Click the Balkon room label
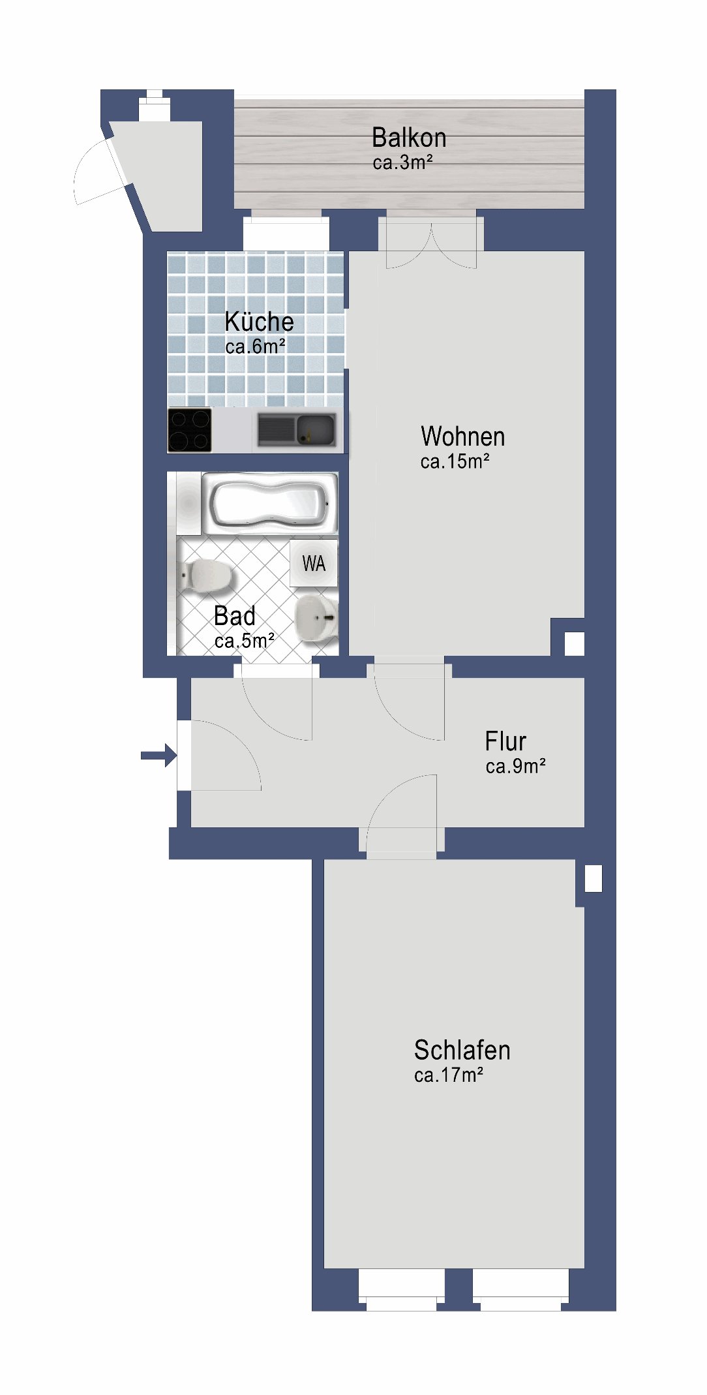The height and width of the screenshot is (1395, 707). [x=409, y=138]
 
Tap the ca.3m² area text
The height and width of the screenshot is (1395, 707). [x=402, y=162]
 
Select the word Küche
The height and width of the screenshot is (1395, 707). [x=259, y=321]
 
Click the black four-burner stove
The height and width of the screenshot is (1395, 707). [x=190, y=430]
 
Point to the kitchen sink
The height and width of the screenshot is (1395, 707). [x=297, y=430]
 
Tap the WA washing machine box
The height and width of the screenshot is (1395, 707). [x=314, y=563]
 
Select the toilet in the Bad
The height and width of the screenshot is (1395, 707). [x=206, y=575]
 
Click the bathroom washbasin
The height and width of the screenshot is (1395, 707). [x=317, y=617]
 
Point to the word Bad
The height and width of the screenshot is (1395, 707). [x=234, y=616]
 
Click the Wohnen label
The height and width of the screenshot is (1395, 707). [x=463, y=436]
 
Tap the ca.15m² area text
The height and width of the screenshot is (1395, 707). [x=455, y=461]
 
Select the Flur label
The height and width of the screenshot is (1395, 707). [x=505, y=741]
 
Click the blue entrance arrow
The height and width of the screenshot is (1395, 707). [x=158, y=756]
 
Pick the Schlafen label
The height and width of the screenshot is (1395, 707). [x=462, y=1050]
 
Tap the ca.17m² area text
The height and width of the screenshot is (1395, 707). [x=449, y=1075]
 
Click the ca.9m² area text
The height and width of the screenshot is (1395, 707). [x=515, y=765]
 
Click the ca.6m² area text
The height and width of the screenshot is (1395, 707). [x=255, y=346]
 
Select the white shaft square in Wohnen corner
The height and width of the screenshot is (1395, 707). [x=574, y=643]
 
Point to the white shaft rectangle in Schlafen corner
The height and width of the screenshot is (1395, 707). [x=594, y=878]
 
